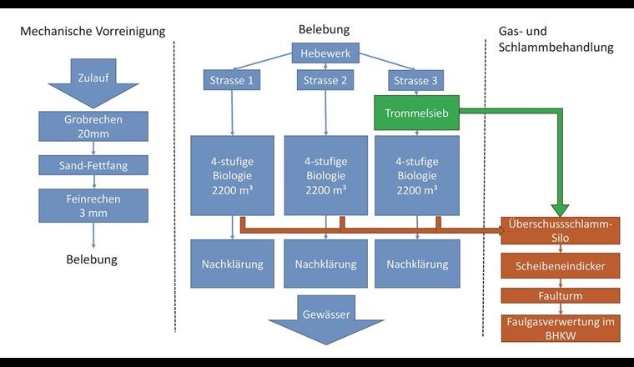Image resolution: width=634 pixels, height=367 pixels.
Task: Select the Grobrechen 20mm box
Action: pos(92,126)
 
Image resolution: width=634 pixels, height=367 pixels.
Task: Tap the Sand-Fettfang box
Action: pos(92,165)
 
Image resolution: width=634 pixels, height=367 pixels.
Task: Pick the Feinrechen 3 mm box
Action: pos(92,204)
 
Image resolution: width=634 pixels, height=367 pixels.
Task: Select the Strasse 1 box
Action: pos(232,80)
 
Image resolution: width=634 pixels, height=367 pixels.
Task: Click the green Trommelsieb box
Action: pos(417,112)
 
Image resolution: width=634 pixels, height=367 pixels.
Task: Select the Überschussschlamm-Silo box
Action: pos(560,230)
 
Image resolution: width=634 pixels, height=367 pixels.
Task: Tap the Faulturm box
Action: pos(560,294)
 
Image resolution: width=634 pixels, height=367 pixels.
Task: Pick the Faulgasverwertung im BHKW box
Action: pos(560,326)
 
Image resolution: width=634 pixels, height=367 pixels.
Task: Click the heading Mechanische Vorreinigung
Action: pos(92,32)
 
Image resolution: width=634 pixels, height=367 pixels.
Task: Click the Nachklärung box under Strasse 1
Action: pos(232,264)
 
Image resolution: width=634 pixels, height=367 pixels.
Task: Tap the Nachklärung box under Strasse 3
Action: pos(417,264)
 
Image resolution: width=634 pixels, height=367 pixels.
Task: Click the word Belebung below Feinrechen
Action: pos(92,259)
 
